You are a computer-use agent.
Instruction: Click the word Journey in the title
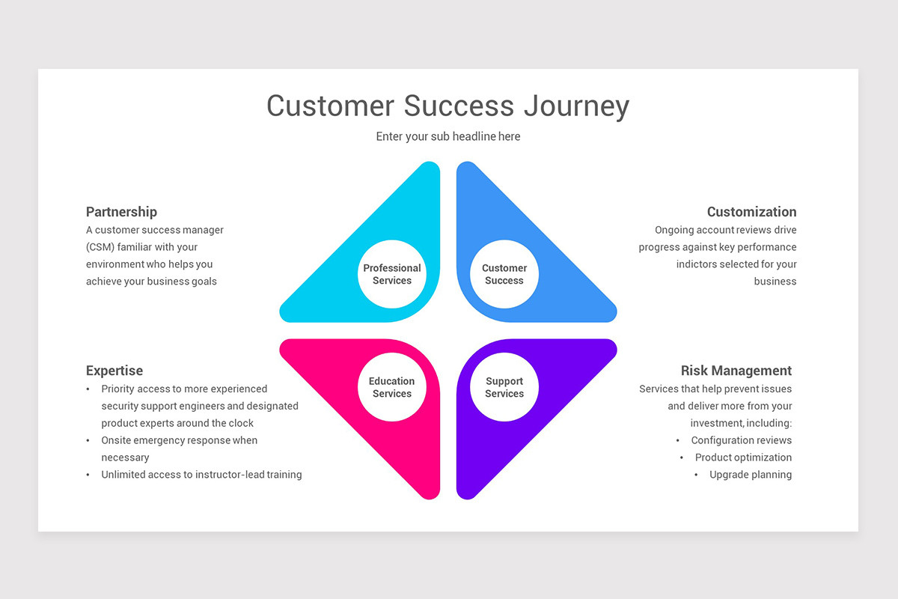pyautogui.click(x=576, y=106)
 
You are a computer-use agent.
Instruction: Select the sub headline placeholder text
pyautogui.click(x=448, y=136)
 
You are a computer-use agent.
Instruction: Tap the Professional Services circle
pyautogui.click(x=392, y=274)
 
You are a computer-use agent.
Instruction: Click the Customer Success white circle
pyautogui.click(x=504, y=274)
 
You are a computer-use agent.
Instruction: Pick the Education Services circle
pyautogui.click(x=392, y=387)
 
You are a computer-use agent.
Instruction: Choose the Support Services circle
pyautogui.click(x=504, y=387)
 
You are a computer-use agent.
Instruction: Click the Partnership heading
pyautogui.click(x=121, y=212)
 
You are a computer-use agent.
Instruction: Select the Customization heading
pyautogui.click(x=751, y=212)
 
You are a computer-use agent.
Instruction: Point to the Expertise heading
pyautogui.click(x=114, y=371)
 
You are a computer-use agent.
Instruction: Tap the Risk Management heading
pyautogui.click(x=736, y=371)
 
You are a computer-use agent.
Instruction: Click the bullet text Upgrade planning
pyautogui.click(x=751, y=475)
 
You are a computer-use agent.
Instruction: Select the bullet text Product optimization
pyautogui.click(x=743, y=457)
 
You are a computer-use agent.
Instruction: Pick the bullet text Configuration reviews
pyautogui.click(x=741, y=440)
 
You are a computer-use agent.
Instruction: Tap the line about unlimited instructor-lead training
pyautogui.click(x=201, y=475)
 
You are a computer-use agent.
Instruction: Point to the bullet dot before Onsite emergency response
pyautogui.click(x=88, y=441)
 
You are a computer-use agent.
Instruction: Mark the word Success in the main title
pyautogui.click(x=459, y=106)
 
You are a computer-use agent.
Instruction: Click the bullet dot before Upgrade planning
pyautogui.click(x=696, y=475)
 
